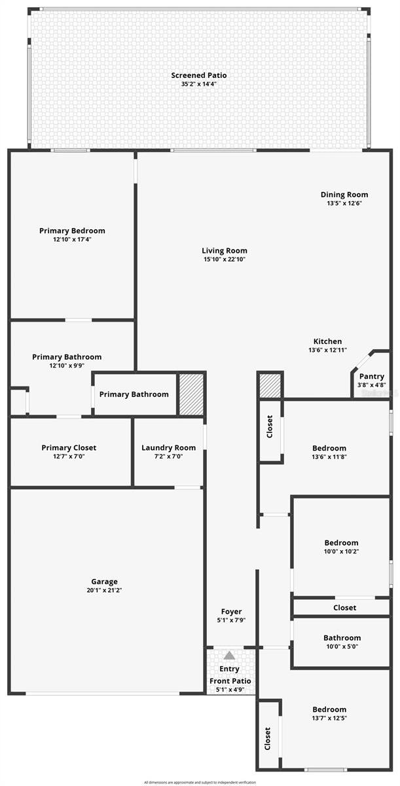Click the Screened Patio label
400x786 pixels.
point(199,75)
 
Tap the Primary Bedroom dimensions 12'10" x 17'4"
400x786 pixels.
point(72,240)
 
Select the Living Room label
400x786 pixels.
point(224,250)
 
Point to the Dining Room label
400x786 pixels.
point(344,195)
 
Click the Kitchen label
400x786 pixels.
point(327,341)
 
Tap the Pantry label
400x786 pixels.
point(371,377)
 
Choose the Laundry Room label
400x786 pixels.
point(168,448)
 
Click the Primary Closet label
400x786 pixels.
point(69,448)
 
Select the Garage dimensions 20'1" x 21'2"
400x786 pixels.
point(104,590)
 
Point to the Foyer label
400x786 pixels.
point(231,612)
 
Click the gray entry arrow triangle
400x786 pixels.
point(229,655)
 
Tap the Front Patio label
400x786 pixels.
point(230,681)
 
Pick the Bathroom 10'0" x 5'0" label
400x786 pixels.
point(342,638)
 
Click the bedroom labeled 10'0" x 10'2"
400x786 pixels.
point(341,543)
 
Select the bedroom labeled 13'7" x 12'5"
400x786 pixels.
point(329,710)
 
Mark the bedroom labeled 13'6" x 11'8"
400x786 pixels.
point(329,449)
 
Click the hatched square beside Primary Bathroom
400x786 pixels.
point(192,394)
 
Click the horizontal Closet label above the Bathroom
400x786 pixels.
point(344,608)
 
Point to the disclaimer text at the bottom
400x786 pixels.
point(199,782)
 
